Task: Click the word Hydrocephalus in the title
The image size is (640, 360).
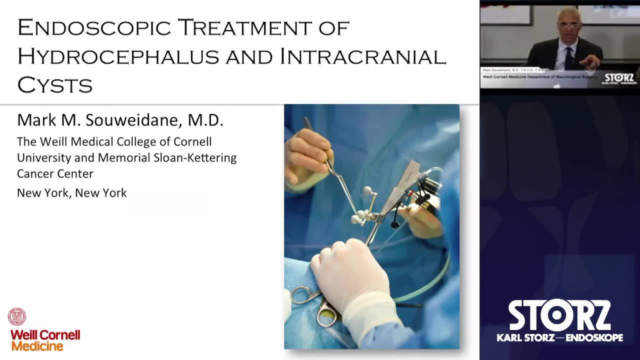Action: point(119,56)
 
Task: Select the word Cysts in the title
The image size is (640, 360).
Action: point(55,85)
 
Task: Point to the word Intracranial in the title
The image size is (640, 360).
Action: point(363,56)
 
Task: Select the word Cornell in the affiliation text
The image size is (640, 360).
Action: point(192,141)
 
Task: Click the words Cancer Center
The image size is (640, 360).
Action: point(55,173)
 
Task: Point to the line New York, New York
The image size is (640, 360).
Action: point(72,192)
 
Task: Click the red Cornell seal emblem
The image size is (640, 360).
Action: point(17,316)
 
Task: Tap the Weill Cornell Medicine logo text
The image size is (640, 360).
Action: point(45,340)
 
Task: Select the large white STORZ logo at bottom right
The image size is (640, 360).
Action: point(559,315)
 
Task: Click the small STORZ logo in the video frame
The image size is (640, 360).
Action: point(619,78)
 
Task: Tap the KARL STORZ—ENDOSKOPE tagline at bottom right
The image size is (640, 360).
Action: point(559,338)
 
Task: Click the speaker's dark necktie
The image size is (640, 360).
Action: point(569,57)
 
